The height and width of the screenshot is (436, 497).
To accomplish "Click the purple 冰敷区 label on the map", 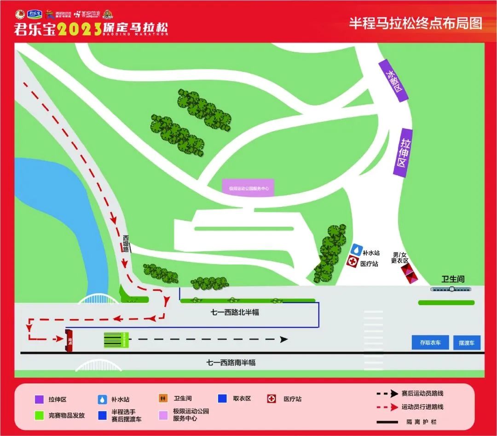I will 393,80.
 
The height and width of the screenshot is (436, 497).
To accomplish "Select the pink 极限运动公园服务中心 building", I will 248,188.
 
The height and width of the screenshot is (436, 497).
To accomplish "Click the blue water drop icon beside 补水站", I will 356,249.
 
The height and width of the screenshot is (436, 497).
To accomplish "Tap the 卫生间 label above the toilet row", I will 453,279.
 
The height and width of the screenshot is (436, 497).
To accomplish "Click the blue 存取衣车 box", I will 430,342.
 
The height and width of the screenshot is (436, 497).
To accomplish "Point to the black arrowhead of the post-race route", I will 284,339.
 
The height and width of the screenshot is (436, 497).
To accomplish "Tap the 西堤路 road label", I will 126,243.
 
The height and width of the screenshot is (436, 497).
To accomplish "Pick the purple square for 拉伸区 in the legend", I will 40,399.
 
